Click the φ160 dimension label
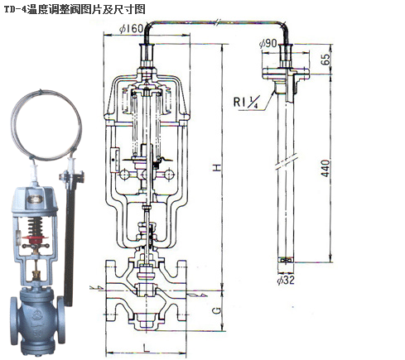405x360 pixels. tap(131, 28)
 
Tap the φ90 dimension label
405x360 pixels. tap(268, 43)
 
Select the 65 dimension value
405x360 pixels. tap(325, 60)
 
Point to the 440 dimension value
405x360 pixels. tap(325, 168)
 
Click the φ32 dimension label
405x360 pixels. tap(286, 281)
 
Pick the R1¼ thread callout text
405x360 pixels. tap(247, 103)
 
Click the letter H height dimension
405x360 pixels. tap(217, 167)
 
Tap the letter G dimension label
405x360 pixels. tap(217, 311)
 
